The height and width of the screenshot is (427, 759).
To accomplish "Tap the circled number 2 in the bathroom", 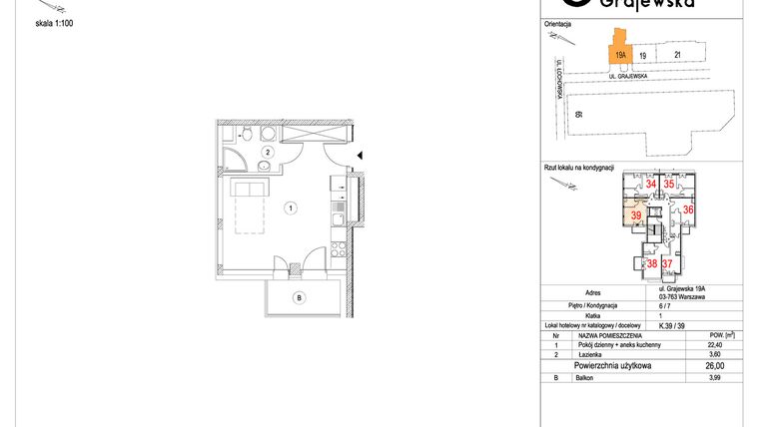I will [x=268, y=152].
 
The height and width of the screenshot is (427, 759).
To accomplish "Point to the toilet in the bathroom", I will [x=229, y=134].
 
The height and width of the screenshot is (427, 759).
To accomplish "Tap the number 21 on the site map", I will [x=677, y=56].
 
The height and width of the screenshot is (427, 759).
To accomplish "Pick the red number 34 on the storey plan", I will [x=651, y=185].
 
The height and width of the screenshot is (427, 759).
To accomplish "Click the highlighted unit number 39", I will [x=635, y=216].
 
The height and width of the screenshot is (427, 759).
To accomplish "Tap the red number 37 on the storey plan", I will [x=667, y=263].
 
